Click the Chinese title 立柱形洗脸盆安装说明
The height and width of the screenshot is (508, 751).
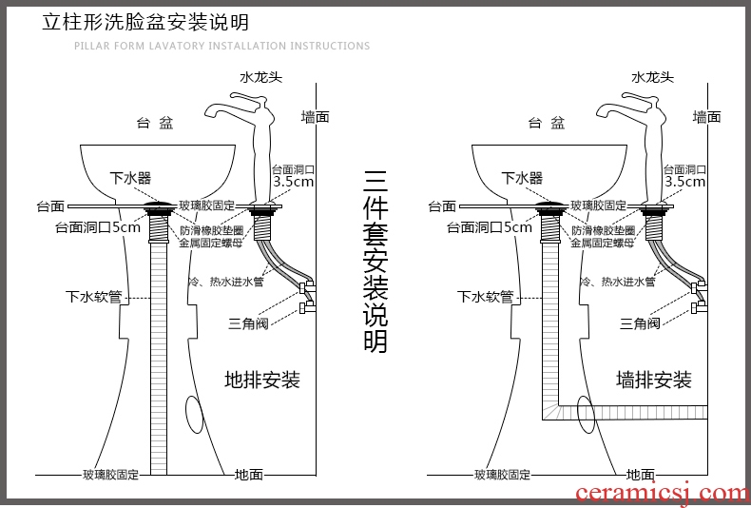tap(145, 22)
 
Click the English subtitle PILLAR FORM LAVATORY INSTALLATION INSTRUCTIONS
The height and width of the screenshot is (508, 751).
tap(222, 46)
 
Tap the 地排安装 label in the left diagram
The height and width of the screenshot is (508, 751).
tap(262, 381)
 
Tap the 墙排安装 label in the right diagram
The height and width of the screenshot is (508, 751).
tap(654, 381)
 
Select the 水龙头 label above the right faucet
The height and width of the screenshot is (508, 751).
tap(652, 78)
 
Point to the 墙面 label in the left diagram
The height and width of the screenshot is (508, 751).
tap(315, 117)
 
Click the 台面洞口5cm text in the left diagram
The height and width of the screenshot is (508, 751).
tap(97, 227)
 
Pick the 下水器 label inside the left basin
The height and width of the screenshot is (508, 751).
tap(130, 178)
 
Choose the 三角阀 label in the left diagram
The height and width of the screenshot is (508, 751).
tap(248, 323)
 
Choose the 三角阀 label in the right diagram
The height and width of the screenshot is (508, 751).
tap(640, 323)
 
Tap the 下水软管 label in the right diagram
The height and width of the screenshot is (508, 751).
tap(485, 297)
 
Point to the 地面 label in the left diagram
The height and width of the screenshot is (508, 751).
tap(249, 474)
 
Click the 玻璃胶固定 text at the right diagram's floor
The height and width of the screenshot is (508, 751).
tap(503, 474)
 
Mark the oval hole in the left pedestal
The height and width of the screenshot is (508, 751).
tap(196, 414)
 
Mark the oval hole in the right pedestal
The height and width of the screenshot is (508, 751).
tap(587, 414)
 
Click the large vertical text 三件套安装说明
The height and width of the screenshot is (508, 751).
tap(376, 261)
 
